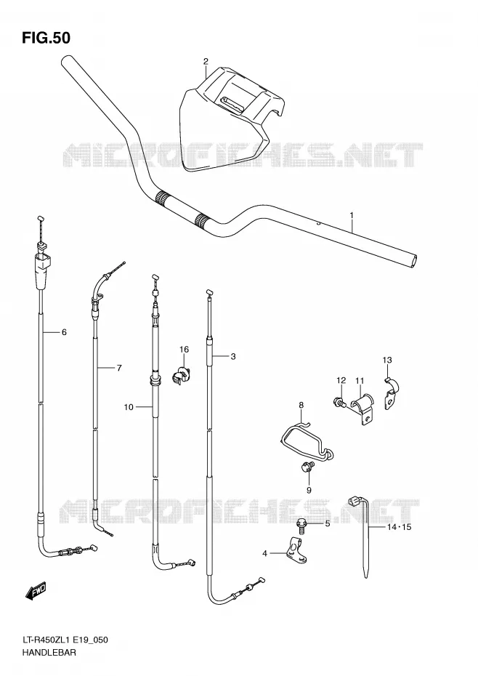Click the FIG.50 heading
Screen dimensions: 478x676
[46, 38]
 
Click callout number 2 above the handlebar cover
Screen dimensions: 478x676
[206, 61]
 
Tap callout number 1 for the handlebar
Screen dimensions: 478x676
[352, 214]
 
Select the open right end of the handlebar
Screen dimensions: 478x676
[414, 261]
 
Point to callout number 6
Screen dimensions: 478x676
[64, 332]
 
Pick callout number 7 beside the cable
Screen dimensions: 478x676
[119, 368]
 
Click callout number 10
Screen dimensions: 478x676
[129, 406]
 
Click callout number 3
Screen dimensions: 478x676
[232, 356]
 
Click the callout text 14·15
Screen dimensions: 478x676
[399, 527]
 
